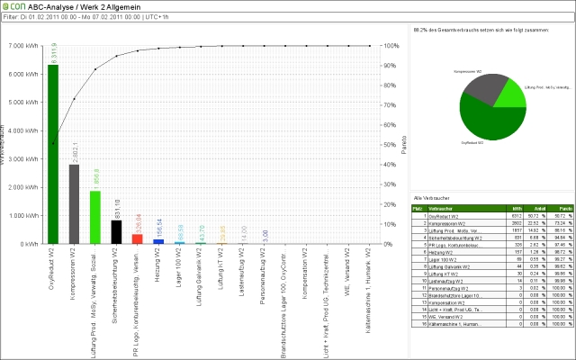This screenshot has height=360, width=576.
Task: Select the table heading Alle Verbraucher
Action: click(427, 196)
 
